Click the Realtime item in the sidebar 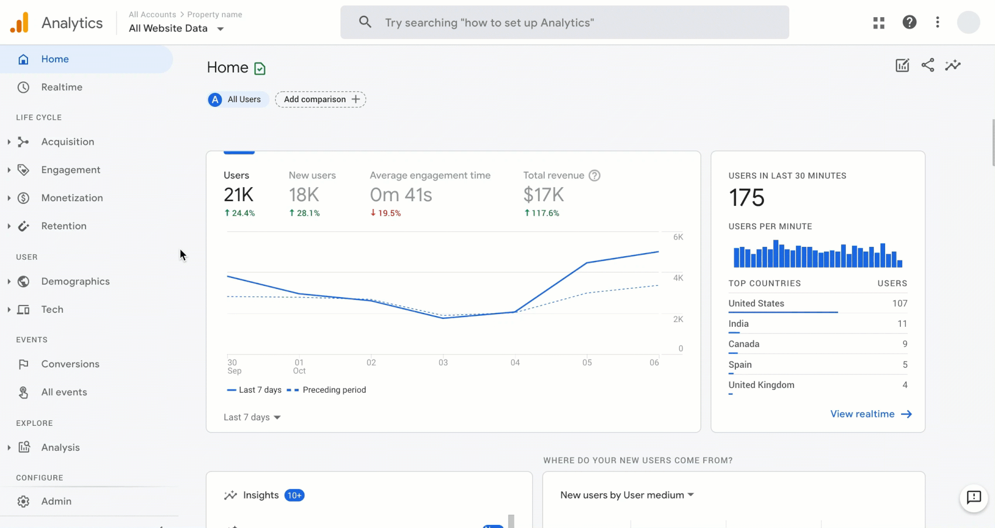coord(61,87)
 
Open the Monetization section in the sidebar coord(72,198)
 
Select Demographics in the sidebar coord(75,281)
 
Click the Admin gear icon coord(23,502)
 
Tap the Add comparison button coord(321,99)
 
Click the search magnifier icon coord(365,22)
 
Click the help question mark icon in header coord(909,22)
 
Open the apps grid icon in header coord(878,22)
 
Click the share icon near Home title coord(928,65)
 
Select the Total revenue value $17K coord(543,195)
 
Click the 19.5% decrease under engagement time coord(386,213)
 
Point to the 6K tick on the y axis coord(678,237)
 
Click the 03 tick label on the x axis coord(443,363)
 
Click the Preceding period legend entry coord(334,390)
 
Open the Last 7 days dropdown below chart coord(252,417)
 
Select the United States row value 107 coord(899,303)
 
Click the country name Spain coord(740,365)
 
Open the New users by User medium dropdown coord(627,495)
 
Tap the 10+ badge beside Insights coord(294,495)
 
